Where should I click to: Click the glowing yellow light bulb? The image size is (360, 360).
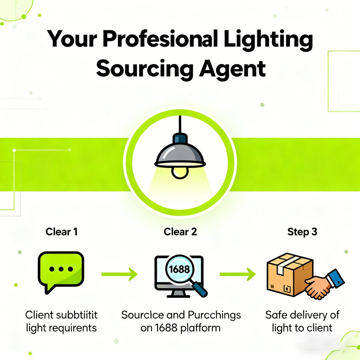[180, 172]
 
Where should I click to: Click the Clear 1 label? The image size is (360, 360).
[61, 231]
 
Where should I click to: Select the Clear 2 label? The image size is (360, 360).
[180, 231]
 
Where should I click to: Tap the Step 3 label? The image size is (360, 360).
[302, 231]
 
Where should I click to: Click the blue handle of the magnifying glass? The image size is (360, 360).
[200, 289]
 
